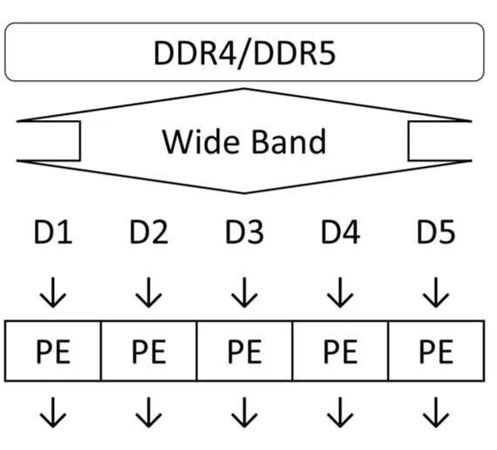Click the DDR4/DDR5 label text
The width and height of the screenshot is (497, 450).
coord(244,53)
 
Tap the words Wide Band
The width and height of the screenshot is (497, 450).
coord(244,142)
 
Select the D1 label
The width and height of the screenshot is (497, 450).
coord(53,232)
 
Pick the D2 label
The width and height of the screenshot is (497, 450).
coord(149,232)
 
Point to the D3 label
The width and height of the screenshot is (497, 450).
coord(244,232)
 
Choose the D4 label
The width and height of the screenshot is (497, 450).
coord(340,232)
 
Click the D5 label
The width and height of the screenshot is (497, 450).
coord(436,232)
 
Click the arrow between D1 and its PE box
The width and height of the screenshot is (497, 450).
coord(53,292)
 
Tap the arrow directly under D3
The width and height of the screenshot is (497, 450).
coord(244,292)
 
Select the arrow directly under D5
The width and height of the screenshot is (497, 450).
coord(436,292)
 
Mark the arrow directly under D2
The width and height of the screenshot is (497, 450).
coord(148,292)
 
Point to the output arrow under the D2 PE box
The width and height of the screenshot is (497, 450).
coord(148,413)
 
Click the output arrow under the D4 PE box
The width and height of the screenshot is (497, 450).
coord(340,413)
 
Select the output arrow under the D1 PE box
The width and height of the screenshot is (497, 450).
coord(53,413)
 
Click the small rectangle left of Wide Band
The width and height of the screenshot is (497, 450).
coord(80,141)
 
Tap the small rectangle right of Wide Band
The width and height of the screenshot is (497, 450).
coord(409,141)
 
